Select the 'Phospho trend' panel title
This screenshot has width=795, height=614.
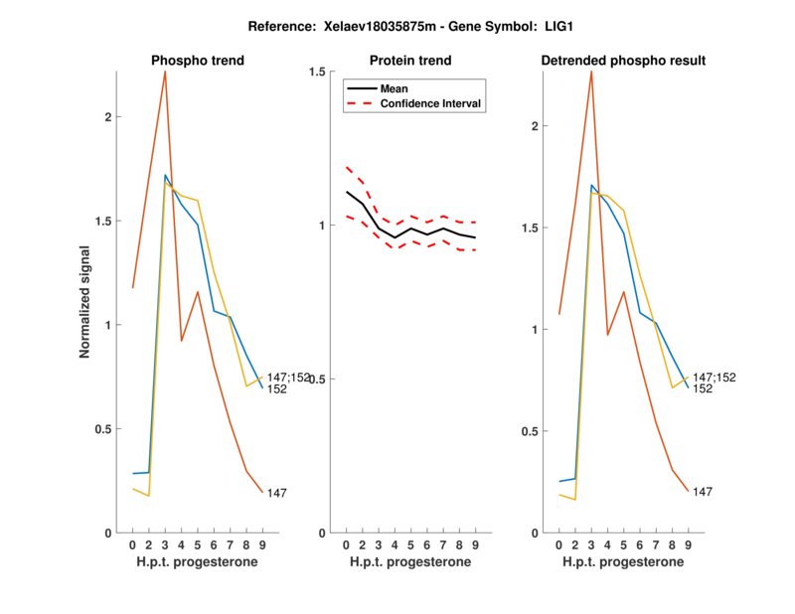pos(198,61)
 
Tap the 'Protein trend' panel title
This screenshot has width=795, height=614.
pos(410,61)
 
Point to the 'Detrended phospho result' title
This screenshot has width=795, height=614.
pos(623,61)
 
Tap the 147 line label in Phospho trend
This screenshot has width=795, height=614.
pos(277,494)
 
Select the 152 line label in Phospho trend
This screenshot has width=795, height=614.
pos(277,389)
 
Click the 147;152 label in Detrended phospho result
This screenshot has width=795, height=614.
pos(715,378)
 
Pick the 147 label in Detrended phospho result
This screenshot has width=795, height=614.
pos(703,492)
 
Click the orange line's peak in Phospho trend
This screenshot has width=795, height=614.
pos(165,72)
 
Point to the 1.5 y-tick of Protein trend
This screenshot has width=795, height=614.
pos(318,72)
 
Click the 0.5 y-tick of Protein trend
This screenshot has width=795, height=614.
pos(318,380)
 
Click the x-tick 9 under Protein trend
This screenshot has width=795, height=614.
pos(475,545)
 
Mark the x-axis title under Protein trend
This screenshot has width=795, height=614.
pos(410,562)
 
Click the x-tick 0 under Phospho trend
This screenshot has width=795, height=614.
pos(133,545)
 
